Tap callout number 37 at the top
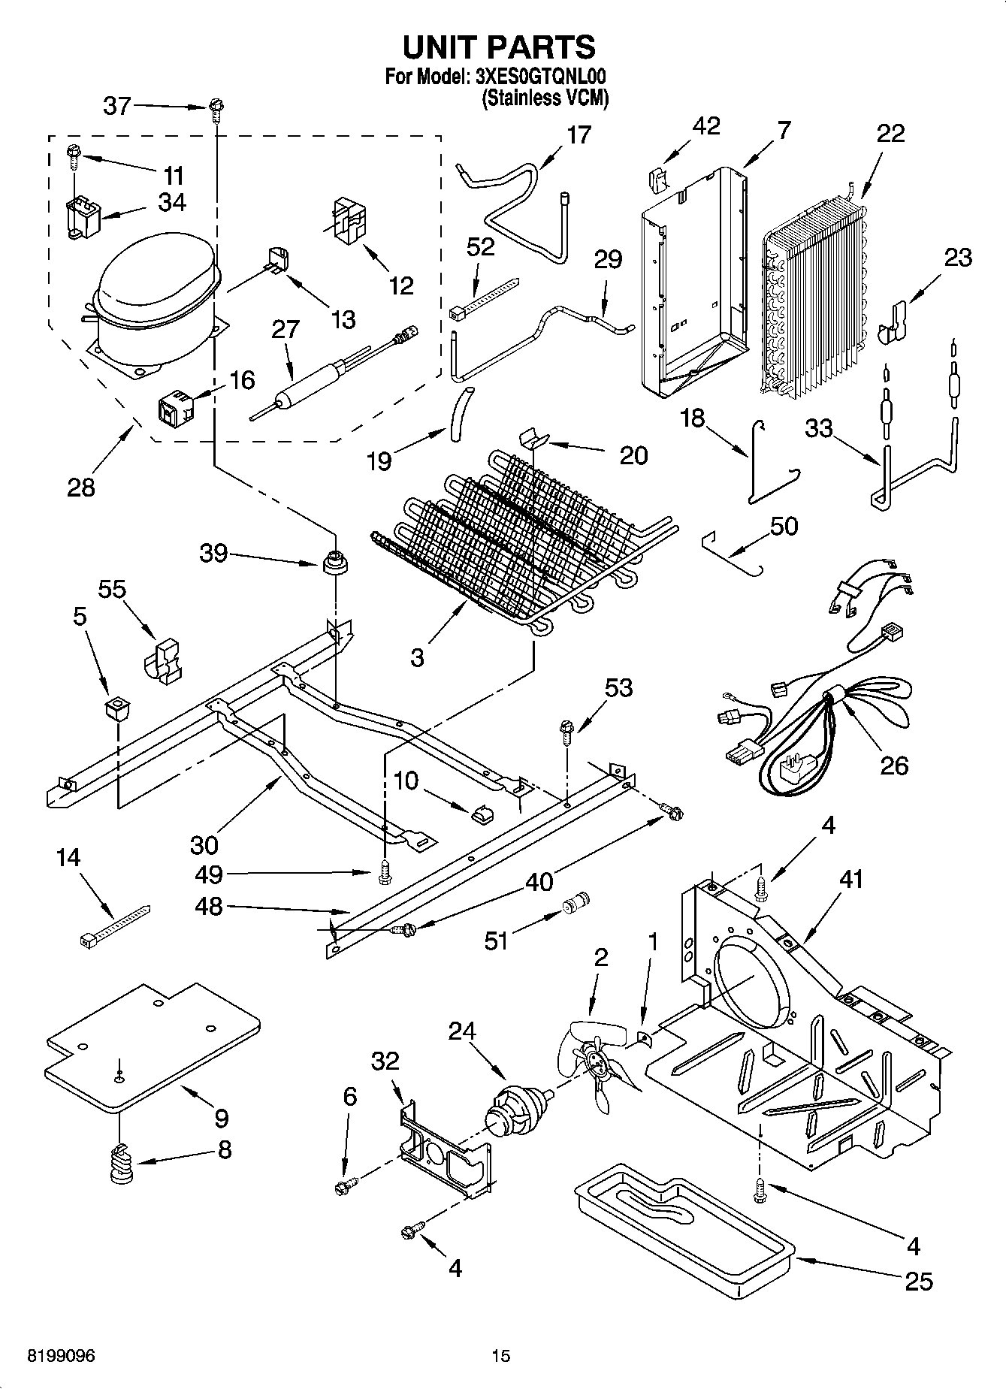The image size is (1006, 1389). [116, 106]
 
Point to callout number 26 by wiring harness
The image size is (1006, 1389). [894, 765]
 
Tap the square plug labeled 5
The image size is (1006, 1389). [116, 707]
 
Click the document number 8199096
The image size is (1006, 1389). [61, 1355]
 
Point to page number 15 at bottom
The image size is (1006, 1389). [500, 1355]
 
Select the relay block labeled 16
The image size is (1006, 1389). [174, 407]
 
